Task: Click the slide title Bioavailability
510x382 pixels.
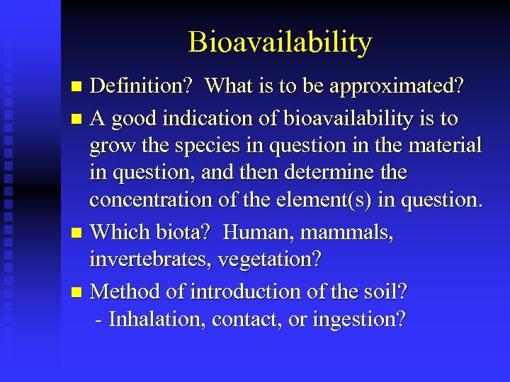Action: (280, 43)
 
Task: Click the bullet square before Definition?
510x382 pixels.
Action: (78, 87)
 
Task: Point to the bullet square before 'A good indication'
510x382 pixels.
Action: (78, 119)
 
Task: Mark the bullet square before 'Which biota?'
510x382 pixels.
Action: (78, 233)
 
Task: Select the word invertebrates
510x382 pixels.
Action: (150, 260)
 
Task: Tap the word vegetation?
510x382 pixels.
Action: (269, 260)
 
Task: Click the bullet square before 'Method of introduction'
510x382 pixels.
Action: (78, 292)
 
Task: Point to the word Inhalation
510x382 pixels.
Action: (151, 319)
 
